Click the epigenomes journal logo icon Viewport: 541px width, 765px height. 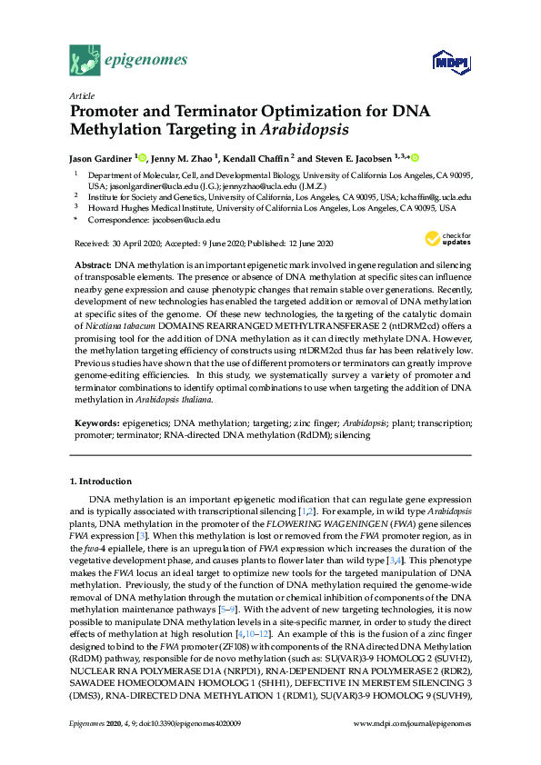click(x=84, y=61)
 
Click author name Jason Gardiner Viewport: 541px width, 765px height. click(x=102, y=157)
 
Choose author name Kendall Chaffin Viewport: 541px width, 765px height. click(x=258, y=157)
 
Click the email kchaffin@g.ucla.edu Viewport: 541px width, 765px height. click(x=431, y=196)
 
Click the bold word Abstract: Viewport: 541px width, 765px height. click(x=94, y=263)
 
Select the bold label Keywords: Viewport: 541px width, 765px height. click(x=98, y=423)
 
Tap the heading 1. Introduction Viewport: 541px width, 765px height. click(x=100, y=481)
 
